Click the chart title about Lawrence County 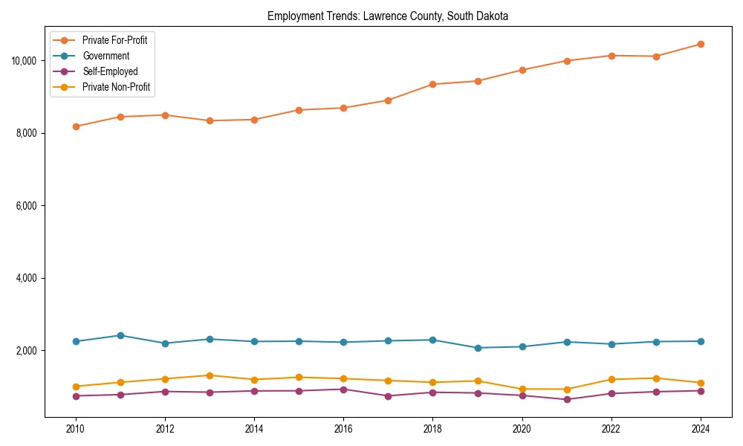coord(388,16)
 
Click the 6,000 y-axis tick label coord(26,205)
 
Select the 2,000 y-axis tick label coord(26,351)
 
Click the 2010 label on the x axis coord(75,429)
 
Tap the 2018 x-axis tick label coord(432,429)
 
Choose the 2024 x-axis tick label coord(701,429)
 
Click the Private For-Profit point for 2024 coord(701,44)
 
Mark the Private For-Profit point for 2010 coord(75,126)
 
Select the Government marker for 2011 coord(120,335)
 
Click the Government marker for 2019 coord(477,348)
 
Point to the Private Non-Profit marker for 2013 coord(210,375)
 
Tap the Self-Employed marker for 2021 coord(566,399)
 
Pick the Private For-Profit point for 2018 coord(432,84)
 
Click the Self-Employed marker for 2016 coord(343,390)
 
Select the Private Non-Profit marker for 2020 coord(522,389)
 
